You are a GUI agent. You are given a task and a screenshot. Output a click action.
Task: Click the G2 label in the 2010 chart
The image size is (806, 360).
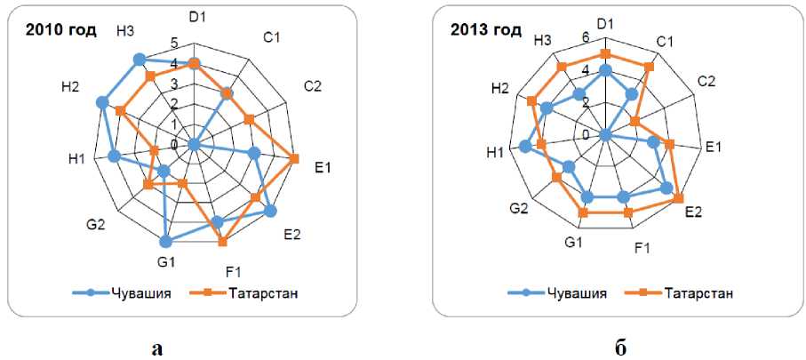point(98,223)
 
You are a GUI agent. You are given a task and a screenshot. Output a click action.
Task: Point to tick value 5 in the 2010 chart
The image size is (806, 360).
point(174,42)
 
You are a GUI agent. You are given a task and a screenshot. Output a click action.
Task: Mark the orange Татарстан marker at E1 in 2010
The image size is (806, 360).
point(294,159)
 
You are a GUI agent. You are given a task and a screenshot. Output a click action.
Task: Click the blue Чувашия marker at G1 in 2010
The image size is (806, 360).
point(165,241)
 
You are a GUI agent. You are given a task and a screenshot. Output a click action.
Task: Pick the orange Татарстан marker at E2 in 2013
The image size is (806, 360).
point(680,197)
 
